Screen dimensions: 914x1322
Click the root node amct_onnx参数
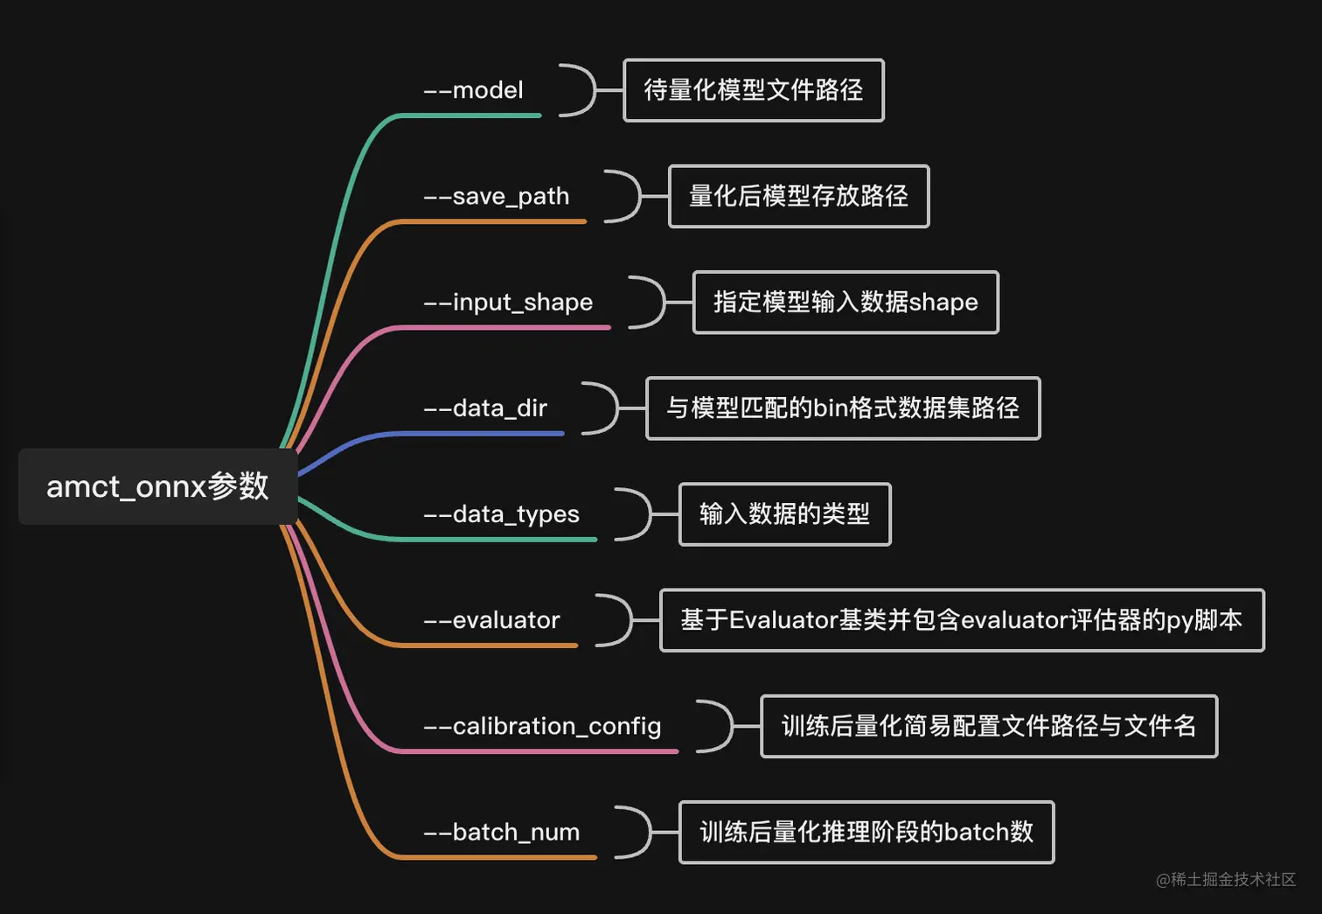click(x=157, y=486)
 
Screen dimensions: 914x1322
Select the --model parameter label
click(x=473, y=90)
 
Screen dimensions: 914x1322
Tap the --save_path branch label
click(x=496, y=196)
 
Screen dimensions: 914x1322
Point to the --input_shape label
click(x=508, y=303)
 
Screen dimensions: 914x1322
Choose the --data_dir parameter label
click(x=485, y=408)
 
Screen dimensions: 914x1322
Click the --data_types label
click(x=501, y=514)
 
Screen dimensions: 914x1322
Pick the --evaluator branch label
click(x=491, y=620)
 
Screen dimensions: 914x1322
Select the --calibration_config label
click(x=542, y=726)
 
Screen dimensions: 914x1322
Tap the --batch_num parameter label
click(x=501, y=832)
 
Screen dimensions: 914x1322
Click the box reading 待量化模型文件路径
click(x=754, y=90)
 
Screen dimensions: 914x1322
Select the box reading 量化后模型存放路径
click(x=798, y=196)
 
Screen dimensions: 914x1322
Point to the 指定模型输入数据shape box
click(x=845, y=303)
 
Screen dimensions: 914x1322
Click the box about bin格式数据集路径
click(x=843, y=408)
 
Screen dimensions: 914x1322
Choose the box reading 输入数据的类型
click(x=784, y=514)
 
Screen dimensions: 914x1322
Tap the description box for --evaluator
click(x=962, y=620)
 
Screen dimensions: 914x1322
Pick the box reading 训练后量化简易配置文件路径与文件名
click(x=989, y=726)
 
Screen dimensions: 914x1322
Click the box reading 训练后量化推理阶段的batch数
click(x=866, y=832)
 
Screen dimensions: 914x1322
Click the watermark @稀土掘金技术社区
click(x=1226, y=879)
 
